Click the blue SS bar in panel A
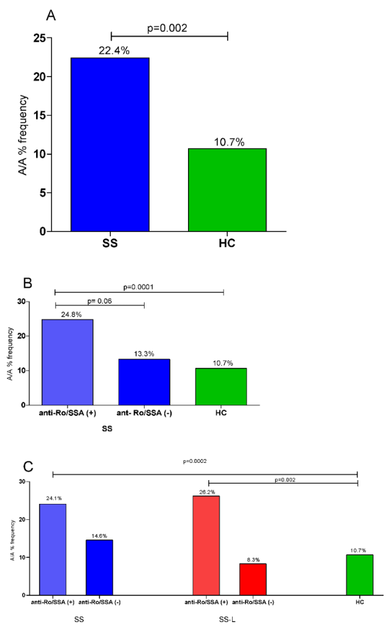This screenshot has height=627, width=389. pyautogui.click(x=110, y=145)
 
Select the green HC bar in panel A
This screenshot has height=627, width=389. pyautogui.click(x=227, y=190)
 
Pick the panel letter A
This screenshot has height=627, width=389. pyautogui.click(x=51, y=14)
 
